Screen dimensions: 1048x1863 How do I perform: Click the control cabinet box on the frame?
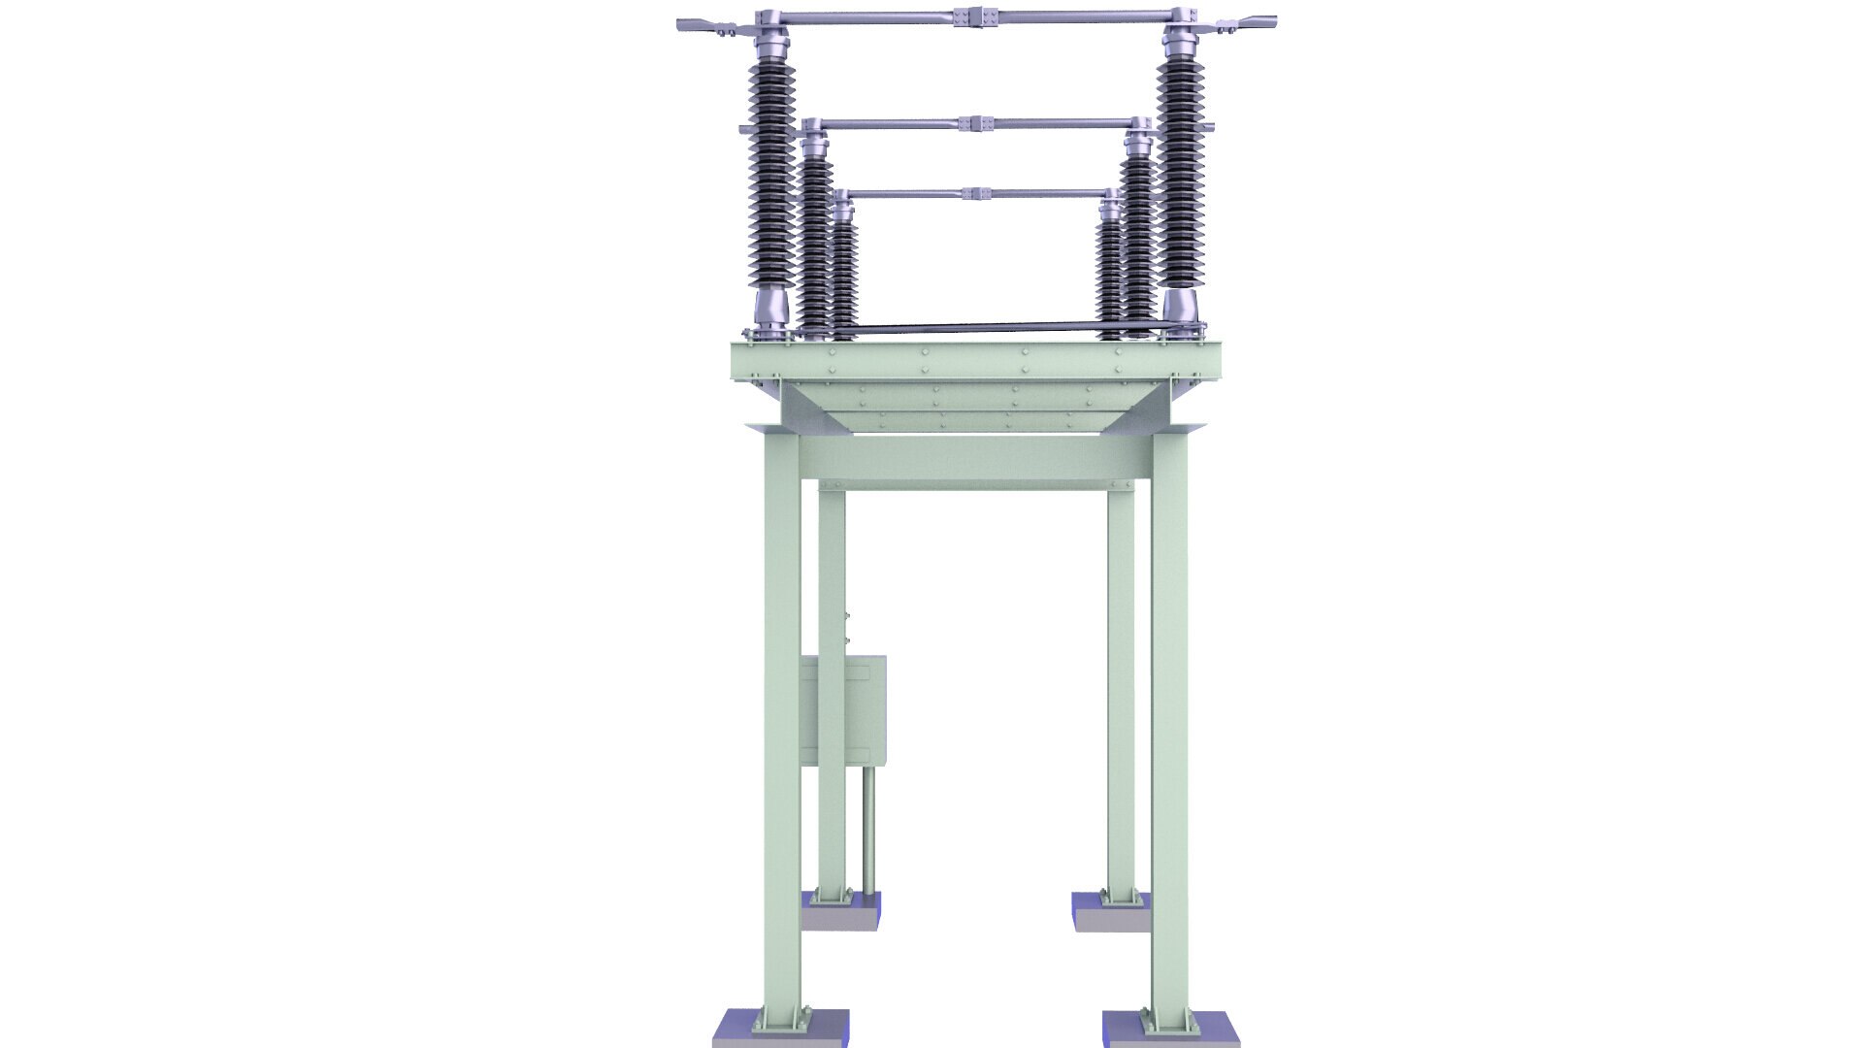[x=844, y=710]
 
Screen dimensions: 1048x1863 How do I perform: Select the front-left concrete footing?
[x=780, y=1028]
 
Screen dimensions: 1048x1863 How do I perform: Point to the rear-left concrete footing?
[x=842, y=910]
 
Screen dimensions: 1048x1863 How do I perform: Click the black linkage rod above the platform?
[x=980, y=329]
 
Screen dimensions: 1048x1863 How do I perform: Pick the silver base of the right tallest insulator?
[x=1181, y=308]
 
